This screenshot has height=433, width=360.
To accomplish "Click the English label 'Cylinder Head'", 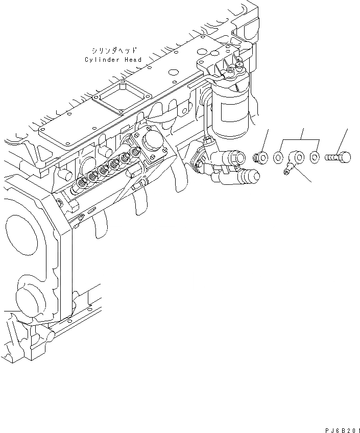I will [x=113, y=60].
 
